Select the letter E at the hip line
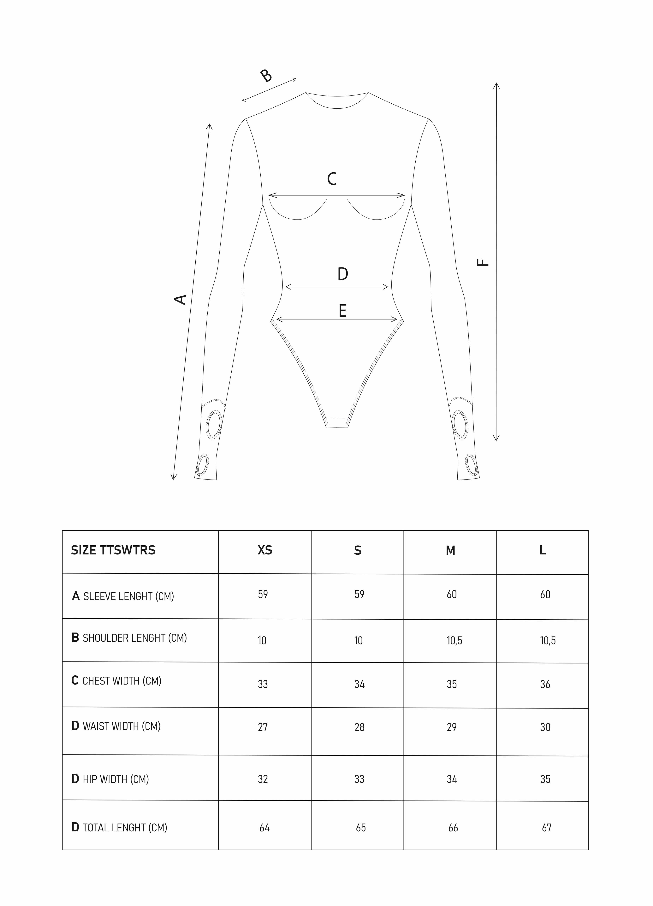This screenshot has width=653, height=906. pos(342,311)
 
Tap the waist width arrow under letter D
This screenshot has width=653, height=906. pos(337,287)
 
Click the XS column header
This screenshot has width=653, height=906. pos(265,550)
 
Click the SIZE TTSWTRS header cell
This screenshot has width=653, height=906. pos(113,550)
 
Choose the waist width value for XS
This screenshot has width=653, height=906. pos(263,727)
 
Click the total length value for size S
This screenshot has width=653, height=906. pos(361,828)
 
